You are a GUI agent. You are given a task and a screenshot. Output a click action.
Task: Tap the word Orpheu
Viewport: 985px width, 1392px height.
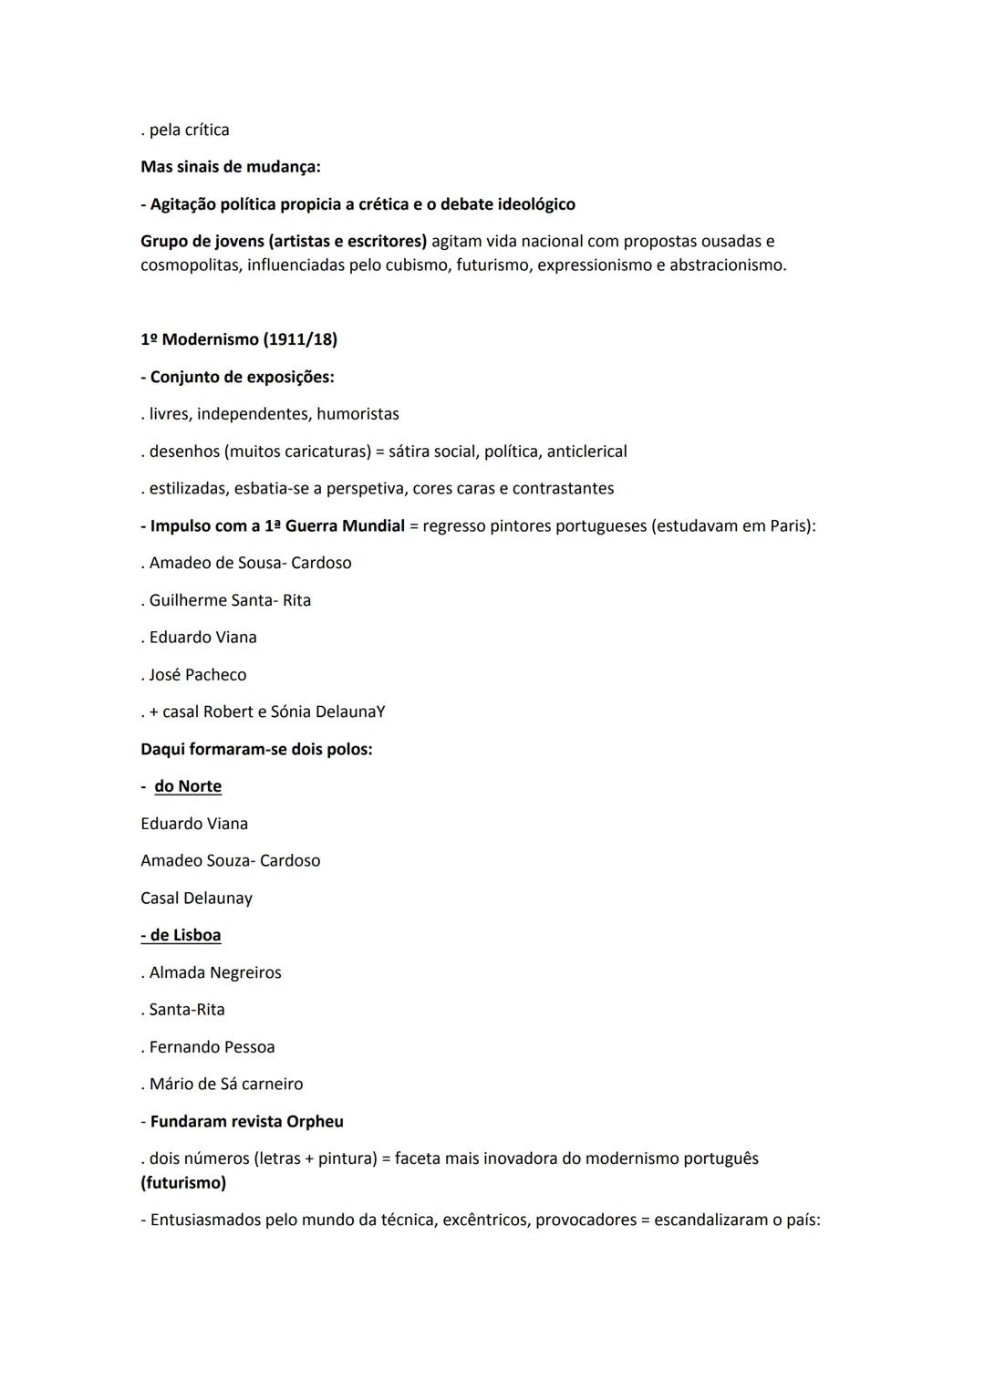315,1121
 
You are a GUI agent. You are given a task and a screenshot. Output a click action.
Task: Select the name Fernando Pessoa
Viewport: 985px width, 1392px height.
212,1046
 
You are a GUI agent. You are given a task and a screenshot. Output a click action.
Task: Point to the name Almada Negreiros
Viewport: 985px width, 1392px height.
215,972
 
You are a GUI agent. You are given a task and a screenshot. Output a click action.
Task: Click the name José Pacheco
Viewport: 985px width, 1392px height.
198,674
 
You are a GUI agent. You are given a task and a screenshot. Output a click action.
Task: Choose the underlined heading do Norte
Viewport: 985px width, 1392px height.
188,786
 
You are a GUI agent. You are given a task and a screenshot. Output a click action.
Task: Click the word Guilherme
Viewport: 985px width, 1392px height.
187,600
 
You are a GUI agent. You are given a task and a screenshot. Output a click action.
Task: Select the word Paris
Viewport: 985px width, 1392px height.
790,525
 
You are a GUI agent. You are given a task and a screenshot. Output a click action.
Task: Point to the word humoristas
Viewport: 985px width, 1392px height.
358,414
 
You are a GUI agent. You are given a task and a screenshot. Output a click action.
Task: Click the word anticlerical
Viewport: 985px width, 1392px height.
586,452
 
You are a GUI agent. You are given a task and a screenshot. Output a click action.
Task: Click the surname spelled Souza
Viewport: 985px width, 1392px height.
227,860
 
